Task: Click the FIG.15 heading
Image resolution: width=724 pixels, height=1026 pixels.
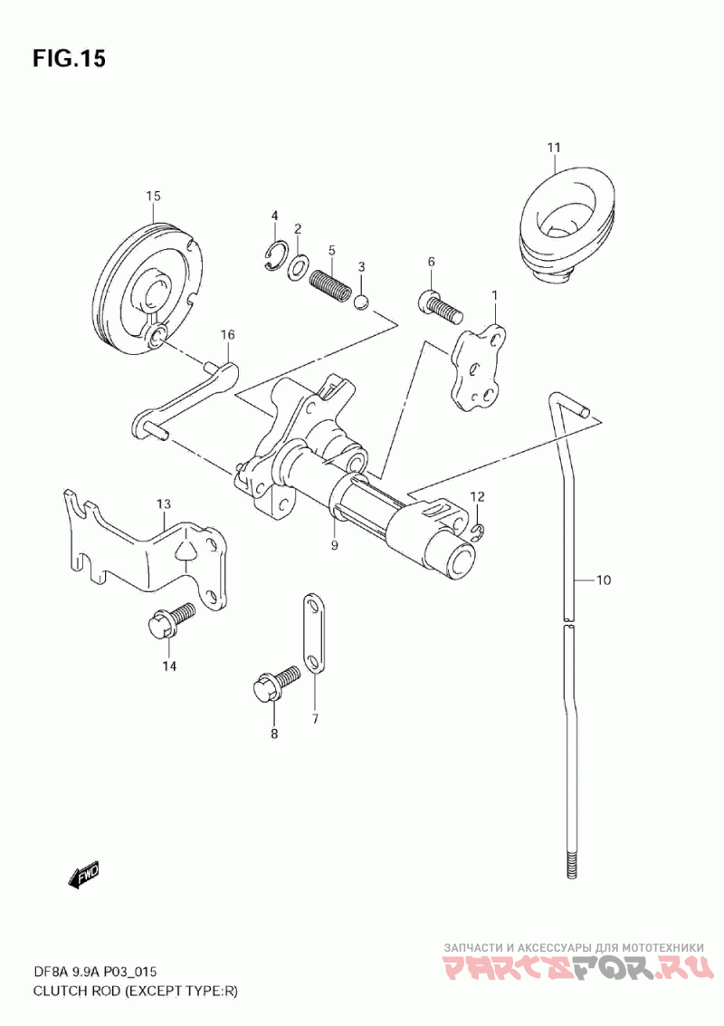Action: (69, 59)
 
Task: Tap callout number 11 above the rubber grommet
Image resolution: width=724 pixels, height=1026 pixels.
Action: (553, 148)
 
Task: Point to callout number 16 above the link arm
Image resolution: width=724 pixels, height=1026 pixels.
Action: (227, 335)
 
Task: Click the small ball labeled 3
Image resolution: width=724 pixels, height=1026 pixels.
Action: (362, 302)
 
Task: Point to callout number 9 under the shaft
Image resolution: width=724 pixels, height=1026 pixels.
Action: (334, 545)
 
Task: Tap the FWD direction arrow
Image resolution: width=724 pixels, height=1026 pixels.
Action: (83, 875)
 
